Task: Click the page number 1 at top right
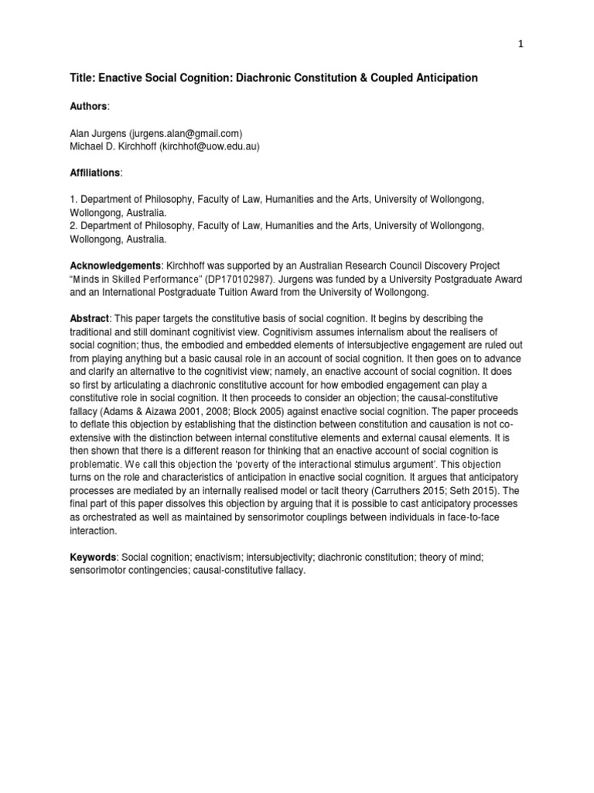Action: tap(521, 44)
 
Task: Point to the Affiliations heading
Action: tap(94, 173)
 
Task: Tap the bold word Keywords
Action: tap(90, 556)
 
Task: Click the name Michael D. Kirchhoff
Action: tap(111, 146)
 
